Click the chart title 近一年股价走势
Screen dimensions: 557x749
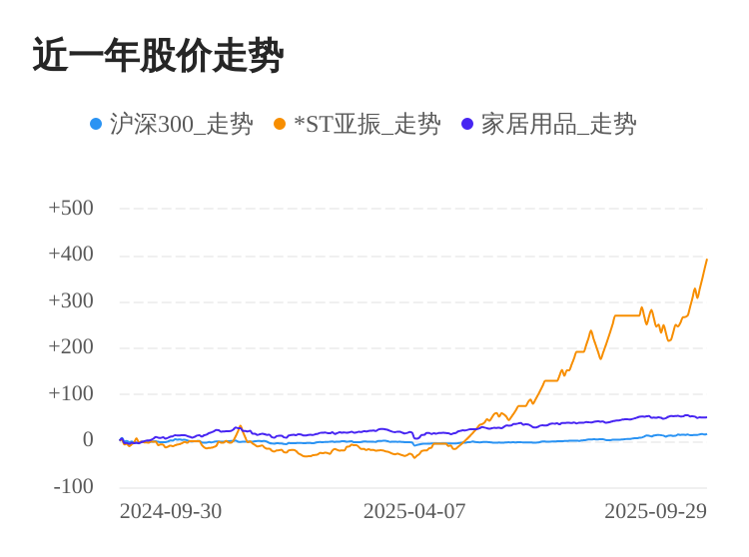pyautogui.click(x=158, y=56)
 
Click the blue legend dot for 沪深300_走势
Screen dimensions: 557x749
pyautogui.click(x=96, y=124)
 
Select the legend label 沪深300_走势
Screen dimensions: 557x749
pyautogui.click(x=181, y=124)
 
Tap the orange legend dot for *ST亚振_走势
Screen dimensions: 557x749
pyautogui.click(x=280, y=124)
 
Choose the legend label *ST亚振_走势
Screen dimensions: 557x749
pyautogui.click(x=367, y=124)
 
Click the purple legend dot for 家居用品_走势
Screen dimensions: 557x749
pyautogui.click(x=467, y=124)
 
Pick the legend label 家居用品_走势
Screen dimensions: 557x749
pyautogui.click(x=558, y=124)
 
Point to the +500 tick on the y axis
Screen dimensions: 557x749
pyautogui.click(x=71, y=208)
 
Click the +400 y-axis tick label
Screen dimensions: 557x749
pyautogui.click(x=71, y=254)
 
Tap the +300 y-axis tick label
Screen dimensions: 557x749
pyautogui.click(x=71, y=300)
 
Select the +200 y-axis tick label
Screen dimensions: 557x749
pyautogui.click(x=71, y=346)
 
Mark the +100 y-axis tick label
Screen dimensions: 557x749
pyautogui.click(x=71, y=393)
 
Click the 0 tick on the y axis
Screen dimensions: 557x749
pyautogui.click(x=88, y=439)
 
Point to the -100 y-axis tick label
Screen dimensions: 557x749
pyautogui.click(x=74, y=486)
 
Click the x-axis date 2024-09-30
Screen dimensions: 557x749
pyautogui.click(x=171, y=511)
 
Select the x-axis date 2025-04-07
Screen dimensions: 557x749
pyautogui.click(x=414, y=511)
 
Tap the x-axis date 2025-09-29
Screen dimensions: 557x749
pyautogui.click(x=655, y=511)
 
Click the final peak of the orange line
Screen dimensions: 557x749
pyautogui.click(x=707, y=260)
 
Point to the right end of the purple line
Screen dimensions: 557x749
pyautogui.click(x=706, y=417)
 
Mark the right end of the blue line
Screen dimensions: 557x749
pyautogui.click(x=706, y=434)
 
